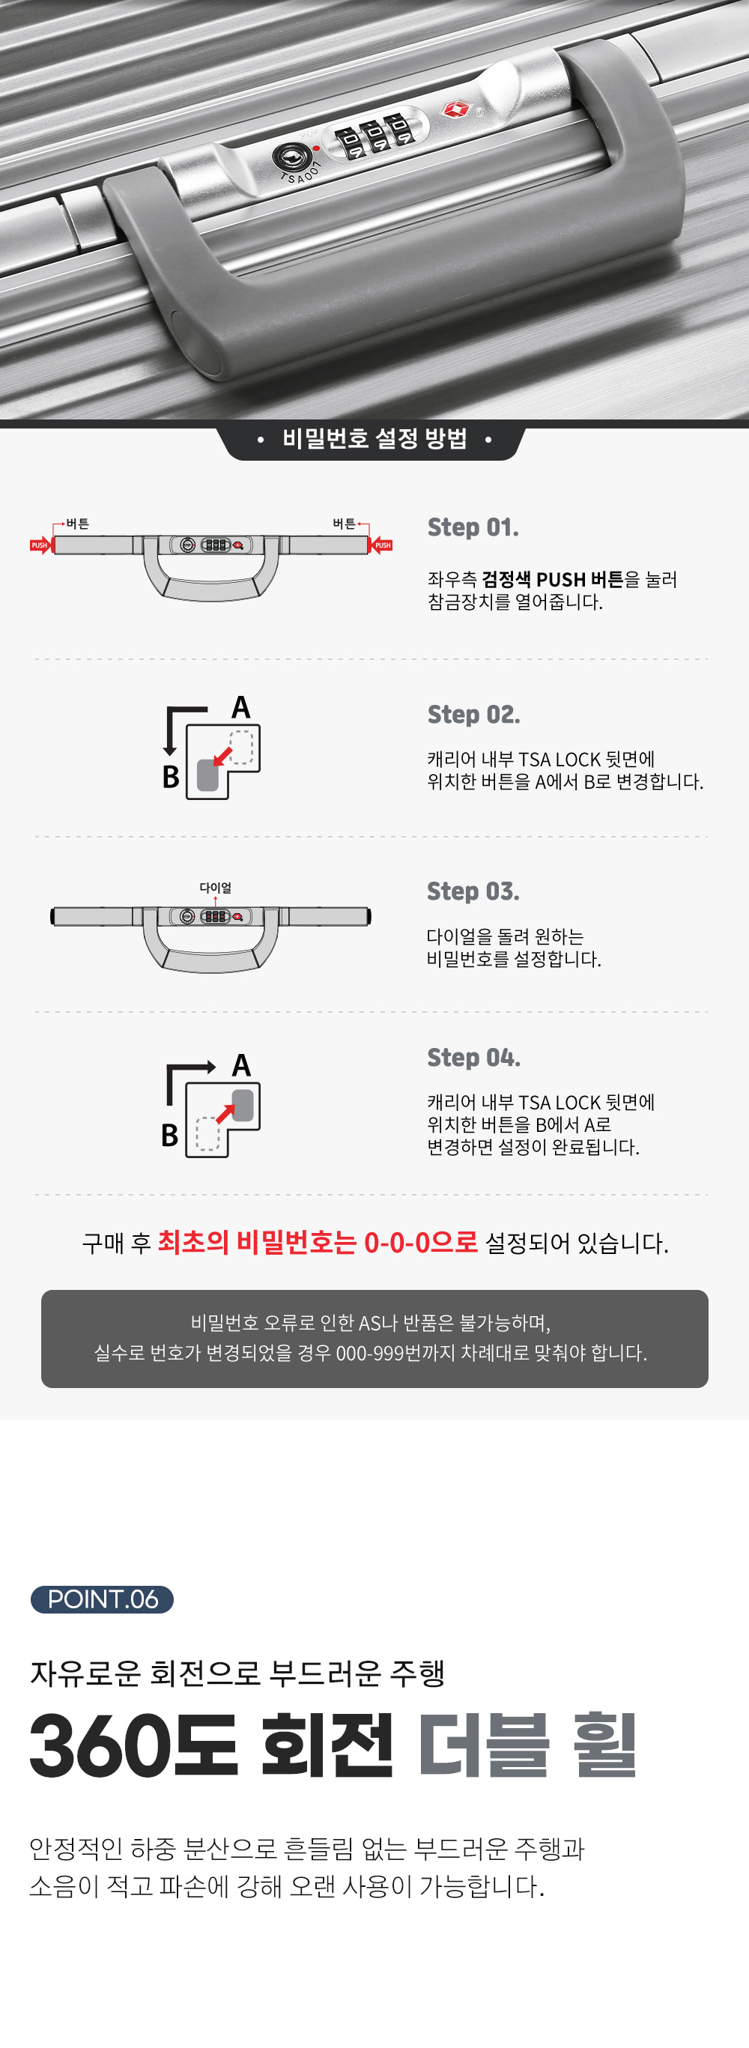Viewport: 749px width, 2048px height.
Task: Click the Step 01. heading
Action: point(473,527)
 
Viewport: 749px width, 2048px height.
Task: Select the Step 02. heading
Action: point(474,714)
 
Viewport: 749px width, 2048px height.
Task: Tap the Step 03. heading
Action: point(473,891)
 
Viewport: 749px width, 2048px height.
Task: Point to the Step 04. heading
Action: point(474,1058)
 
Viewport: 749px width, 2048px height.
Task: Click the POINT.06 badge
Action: point(102,1599)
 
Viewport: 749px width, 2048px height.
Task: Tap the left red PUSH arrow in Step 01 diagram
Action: point(40,545)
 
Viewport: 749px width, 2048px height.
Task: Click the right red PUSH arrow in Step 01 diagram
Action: point(382,545)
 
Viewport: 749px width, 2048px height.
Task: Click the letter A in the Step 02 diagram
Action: point(241,707)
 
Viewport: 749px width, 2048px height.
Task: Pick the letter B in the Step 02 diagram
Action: point(171,777)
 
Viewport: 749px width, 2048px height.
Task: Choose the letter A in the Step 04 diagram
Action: point(241,1065)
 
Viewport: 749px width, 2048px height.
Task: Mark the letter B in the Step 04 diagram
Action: point(169,1136)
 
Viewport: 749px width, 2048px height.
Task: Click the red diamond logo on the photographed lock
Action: point(455,108)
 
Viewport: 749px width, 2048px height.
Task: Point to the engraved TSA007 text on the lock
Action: point(300,172)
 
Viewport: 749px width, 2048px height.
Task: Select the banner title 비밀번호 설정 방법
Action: point(374,438)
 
